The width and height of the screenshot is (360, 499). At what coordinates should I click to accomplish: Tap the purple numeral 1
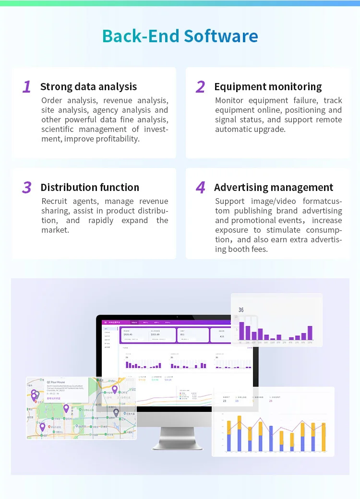[x=27, y=87]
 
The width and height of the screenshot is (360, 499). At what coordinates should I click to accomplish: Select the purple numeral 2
[x=201, y=87]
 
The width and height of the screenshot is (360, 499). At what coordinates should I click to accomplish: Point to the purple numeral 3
[x=27, y=188]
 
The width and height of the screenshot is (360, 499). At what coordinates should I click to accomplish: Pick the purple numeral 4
[x=201, y=188]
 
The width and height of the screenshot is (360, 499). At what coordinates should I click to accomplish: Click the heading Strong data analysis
[x=89, y=87]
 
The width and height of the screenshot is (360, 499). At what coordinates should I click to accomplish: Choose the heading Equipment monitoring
[x=268, y=87]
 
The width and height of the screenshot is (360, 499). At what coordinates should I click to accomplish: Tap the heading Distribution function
[x=90, y=188]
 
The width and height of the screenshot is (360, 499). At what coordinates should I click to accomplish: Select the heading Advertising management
[x=274, y=188]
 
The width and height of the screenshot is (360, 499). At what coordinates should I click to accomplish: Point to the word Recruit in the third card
[x=54, y=202]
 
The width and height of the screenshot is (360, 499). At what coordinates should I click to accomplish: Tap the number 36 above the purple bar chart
[x=241, y=310]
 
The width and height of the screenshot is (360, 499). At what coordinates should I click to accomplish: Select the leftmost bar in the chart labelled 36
[x=241, y=331]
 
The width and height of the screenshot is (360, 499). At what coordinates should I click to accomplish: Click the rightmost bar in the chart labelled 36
[x=310, y=333]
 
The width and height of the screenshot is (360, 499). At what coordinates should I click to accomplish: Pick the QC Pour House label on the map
[x=56, y=382]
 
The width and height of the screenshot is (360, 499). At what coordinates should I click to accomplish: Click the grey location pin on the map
[x=116, y=412]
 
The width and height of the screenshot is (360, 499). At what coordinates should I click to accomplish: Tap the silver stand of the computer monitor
[x=174, y=438]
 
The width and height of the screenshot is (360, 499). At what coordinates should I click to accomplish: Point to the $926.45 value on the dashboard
[x=128, y=334]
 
